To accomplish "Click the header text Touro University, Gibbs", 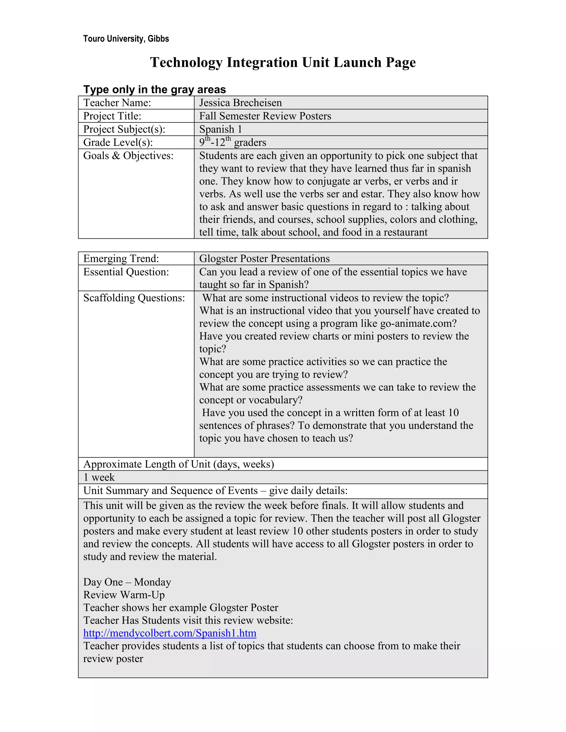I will (126, 39).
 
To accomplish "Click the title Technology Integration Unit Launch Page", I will (283, 62).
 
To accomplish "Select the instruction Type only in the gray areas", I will (154, 89).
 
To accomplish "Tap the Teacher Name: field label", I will (117, 102).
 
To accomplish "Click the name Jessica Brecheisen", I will (240, 102).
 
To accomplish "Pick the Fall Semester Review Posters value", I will (265, 116).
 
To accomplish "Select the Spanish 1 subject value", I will (220, 129).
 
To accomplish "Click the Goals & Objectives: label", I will (128, 156).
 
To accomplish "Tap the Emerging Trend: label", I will (121, 259).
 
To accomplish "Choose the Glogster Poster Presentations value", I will (264, 259).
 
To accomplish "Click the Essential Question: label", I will (126, 272).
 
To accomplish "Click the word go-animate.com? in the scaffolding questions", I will (418, 323).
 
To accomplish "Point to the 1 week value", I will (99, 477).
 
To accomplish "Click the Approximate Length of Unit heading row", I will (178, 464).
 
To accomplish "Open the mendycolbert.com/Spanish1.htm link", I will (170, 633).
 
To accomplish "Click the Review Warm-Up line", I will (124, 595).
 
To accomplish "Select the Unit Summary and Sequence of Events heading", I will (215, 491).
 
